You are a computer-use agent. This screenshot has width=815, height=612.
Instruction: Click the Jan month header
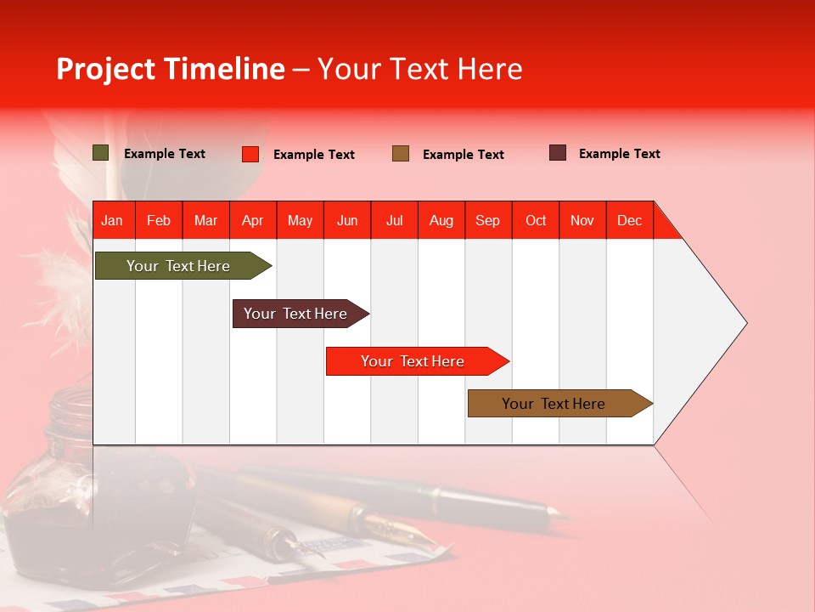pos(113,220)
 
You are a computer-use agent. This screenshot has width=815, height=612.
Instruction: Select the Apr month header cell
pos(253,220)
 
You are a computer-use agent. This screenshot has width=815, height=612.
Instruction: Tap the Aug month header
pos(441,220)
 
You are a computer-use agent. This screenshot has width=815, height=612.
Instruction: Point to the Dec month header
pos(629,220)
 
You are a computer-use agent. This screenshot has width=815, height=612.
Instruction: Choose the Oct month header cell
pos(535,220)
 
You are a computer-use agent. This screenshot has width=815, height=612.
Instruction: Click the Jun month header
pos(347,220)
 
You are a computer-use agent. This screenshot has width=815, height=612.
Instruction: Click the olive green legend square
pos(101,153)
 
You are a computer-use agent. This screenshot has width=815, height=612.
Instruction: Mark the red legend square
pos(250,154)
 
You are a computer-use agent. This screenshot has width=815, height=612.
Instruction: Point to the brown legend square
pos(401,154)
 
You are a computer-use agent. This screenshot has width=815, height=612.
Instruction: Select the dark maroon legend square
pos(558,153)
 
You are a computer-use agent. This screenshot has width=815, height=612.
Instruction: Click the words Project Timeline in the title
pos(171,69)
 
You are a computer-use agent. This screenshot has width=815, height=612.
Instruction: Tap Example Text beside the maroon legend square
pos(619,154)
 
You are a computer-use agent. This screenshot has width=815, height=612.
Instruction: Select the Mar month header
pos(205,220)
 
